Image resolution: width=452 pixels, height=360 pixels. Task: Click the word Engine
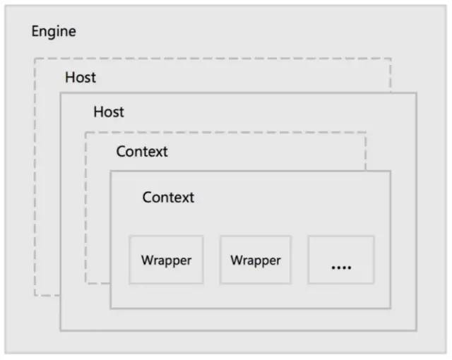54,31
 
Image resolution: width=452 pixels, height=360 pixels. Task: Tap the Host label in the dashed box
81,78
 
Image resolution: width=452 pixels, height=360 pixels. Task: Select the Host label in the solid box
109,112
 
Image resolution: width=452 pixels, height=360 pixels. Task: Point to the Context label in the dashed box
142,152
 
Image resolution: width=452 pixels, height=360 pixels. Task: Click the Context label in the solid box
168,197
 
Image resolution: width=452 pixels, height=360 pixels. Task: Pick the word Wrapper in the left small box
167,260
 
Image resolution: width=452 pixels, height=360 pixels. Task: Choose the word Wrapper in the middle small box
256,260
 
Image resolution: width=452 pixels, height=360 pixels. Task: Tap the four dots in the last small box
341,268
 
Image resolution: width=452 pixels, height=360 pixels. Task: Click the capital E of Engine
35,31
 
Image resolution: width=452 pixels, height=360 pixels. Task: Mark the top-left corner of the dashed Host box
35,59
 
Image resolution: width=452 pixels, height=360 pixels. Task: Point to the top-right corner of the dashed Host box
391,59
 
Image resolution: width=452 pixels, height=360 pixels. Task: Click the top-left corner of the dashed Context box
85,132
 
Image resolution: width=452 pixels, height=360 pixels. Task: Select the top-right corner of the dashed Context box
366,132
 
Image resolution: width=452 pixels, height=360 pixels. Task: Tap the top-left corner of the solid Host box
60,93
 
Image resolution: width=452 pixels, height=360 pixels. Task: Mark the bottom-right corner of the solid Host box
416,330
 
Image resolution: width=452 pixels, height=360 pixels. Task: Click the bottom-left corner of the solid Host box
60,330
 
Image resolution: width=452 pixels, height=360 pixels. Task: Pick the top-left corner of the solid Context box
110,171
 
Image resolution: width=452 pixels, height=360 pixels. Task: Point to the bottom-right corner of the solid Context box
391,308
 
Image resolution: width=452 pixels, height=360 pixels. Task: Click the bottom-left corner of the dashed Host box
35,296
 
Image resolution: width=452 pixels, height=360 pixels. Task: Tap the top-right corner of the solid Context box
391,171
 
